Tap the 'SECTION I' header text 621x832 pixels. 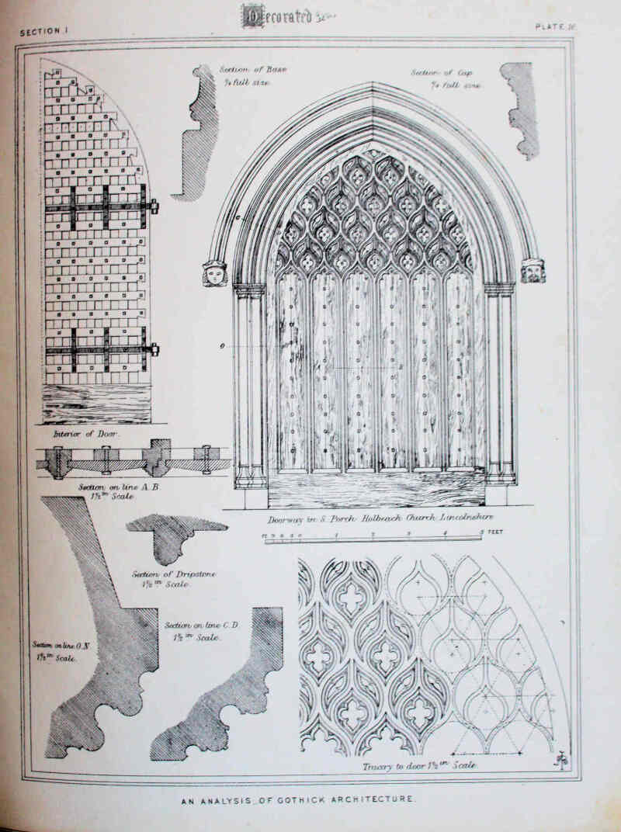tap(45, 32)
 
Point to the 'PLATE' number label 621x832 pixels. tap(553, 26)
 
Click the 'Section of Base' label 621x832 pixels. tap(252, 75)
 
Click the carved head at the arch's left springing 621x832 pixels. tap(214, 272)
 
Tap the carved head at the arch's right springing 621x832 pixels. tap(533, 270)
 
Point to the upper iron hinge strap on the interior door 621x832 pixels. tap(101, 207)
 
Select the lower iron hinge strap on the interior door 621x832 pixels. tap(101, 349)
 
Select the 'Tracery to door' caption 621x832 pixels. tap(419, 766)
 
